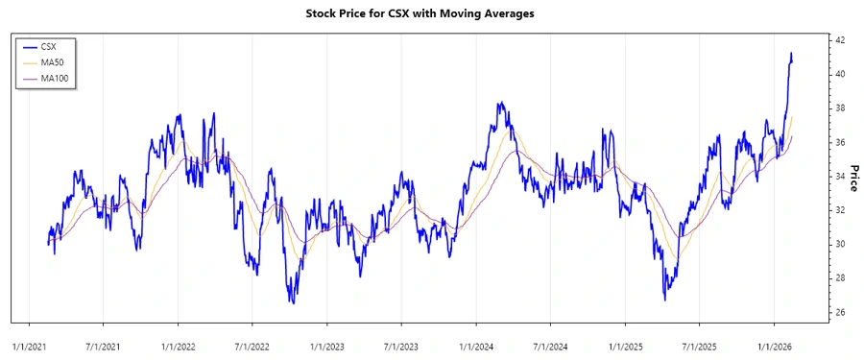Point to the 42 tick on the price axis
[839, 40]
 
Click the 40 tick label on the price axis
[839, 74]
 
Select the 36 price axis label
[839, 142]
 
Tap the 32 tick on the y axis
[839, 210]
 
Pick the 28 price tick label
[839, 278]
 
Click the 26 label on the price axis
[839, 313]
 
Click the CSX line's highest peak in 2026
[791, 54]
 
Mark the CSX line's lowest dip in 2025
[665, 300]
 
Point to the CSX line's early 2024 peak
[499, 103]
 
